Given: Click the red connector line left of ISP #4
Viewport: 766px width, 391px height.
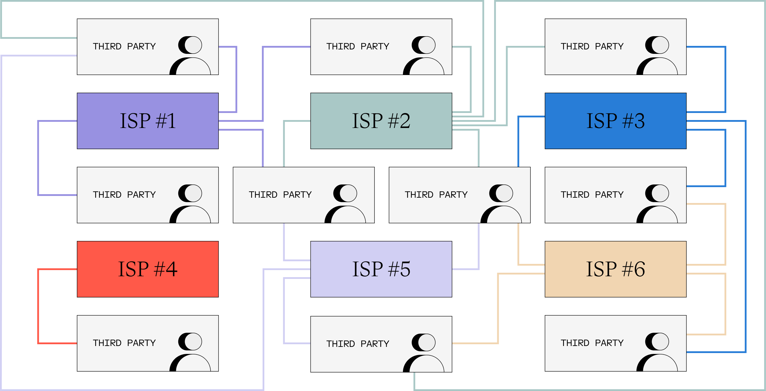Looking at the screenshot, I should (38, 307).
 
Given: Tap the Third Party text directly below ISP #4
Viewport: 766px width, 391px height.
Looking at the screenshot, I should (124, 343).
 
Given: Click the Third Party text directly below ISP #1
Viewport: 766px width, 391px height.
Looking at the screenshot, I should (124, 194).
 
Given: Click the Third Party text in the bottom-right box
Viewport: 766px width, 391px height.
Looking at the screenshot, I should (592, 343).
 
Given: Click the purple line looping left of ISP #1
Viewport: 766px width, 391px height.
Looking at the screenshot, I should (38, 158).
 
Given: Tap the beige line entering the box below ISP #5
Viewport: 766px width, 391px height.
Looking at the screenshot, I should (476, 343).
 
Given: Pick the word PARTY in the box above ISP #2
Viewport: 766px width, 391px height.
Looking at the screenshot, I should (375, 46).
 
